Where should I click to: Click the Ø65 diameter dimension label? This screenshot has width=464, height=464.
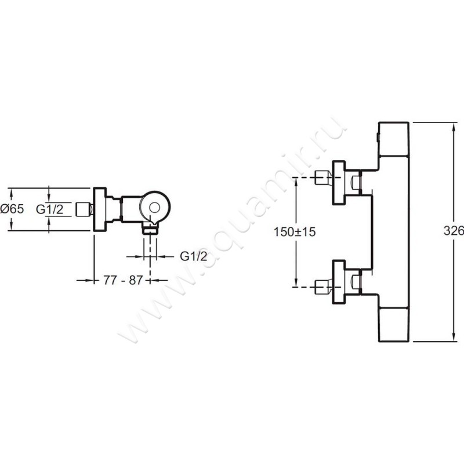pyautogui.click(x=12, y=209)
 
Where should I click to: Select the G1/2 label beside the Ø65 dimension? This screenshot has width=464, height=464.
pyautogui.click(x=50, y=209)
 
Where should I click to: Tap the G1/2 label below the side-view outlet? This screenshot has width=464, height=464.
pyautogui.click(x=194, y=256)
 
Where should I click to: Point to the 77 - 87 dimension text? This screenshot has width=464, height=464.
pyautogui.click(x=123, y=280)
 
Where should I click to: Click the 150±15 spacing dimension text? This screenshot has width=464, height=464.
pyautogui.click(x=295, y=231)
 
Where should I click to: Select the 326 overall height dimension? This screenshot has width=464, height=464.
pyautogui.click(x=454, y=231)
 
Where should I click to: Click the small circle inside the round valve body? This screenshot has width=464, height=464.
pyautogui.click(x=155, y=208)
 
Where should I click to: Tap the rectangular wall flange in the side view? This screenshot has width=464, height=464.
pyautogui.click(x=100, y=209)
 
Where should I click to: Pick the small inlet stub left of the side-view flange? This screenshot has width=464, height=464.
pyautogui.click(x=85, y=209)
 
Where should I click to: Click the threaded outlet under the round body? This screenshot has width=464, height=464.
pyautogui.click(x=150, y=229)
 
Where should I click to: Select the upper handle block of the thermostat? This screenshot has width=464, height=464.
pyautogui.click(x=394, y=138)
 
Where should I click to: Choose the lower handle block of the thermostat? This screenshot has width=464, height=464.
pyautogui.click(x=394, y=324)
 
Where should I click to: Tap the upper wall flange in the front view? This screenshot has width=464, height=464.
pyautogui.click(x=339, y=183)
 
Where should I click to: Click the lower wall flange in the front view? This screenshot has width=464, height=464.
pyautogui.click(x=339, y=282)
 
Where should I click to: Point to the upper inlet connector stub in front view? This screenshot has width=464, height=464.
pyautogui.click(x=324, y=177)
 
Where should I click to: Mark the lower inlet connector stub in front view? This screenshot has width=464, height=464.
pyautogui.click(x=324, y=287)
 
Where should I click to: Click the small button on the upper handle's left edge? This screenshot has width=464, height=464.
pyautogui.click(x=378, y=138)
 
